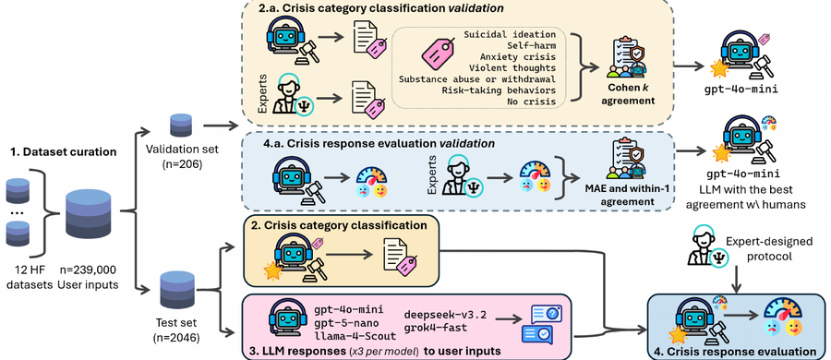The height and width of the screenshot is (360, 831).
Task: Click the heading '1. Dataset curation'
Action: click(63, 152)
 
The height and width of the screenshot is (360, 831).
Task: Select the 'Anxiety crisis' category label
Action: click(518, 56)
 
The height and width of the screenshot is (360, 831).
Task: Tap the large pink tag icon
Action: click(439, 57)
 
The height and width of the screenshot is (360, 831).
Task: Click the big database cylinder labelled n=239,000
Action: click(89, 215)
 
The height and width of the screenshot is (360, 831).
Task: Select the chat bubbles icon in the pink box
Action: click(541, 324)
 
